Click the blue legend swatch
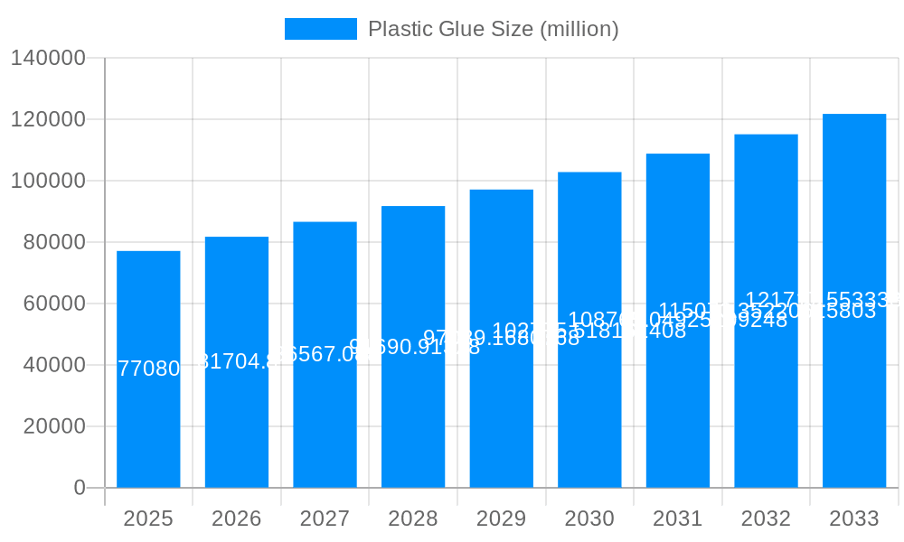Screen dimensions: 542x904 (321, 29)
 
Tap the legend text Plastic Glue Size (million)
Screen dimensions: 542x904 (494, 29)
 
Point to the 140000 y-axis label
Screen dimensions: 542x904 (48, 58)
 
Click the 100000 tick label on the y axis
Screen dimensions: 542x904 (48, 181)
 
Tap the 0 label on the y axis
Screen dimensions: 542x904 (80, 488)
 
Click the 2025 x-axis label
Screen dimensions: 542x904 (148, 519)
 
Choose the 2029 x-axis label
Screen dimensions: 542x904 (501, 519)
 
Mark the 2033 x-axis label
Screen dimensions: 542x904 (854, 519)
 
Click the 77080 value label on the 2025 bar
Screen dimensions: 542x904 (148, 369)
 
